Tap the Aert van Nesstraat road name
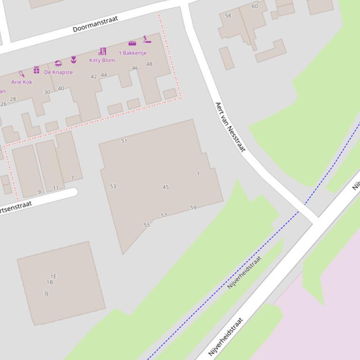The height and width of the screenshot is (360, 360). pos(230,127)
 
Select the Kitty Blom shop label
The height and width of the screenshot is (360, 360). pos(102,60)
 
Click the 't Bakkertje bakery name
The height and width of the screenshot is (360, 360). pos(132,53)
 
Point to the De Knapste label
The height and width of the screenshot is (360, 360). pos(59,72)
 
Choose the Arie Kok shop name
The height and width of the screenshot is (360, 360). pos(22,82)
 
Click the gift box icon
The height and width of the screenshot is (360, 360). pos(37,70)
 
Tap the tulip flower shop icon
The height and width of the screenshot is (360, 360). pos(73,59)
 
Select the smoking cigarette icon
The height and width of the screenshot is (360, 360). pos(147,39)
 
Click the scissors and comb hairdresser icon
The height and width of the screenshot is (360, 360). pos(102,51)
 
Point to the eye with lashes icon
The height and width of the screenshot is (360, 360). pos(58,64)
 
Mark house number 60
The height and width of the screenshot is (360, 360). pos(255,6)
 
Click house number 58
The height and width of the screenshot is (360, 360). pos(228,15)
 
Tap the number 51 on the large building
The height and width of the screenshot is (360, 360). pos(124,141)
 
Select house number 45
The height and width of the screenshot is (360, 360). pos(165,187)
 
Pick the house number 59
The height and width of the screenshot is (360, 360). pos(193,208)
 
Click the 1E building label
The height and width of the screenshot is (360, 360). pos(53,276)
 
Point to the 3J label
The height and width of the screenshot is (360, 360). pos(46,294)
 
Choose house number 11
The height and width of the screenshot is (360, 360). pos(56,188)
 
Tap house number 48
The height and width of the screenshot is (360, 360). pos(149,64)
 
